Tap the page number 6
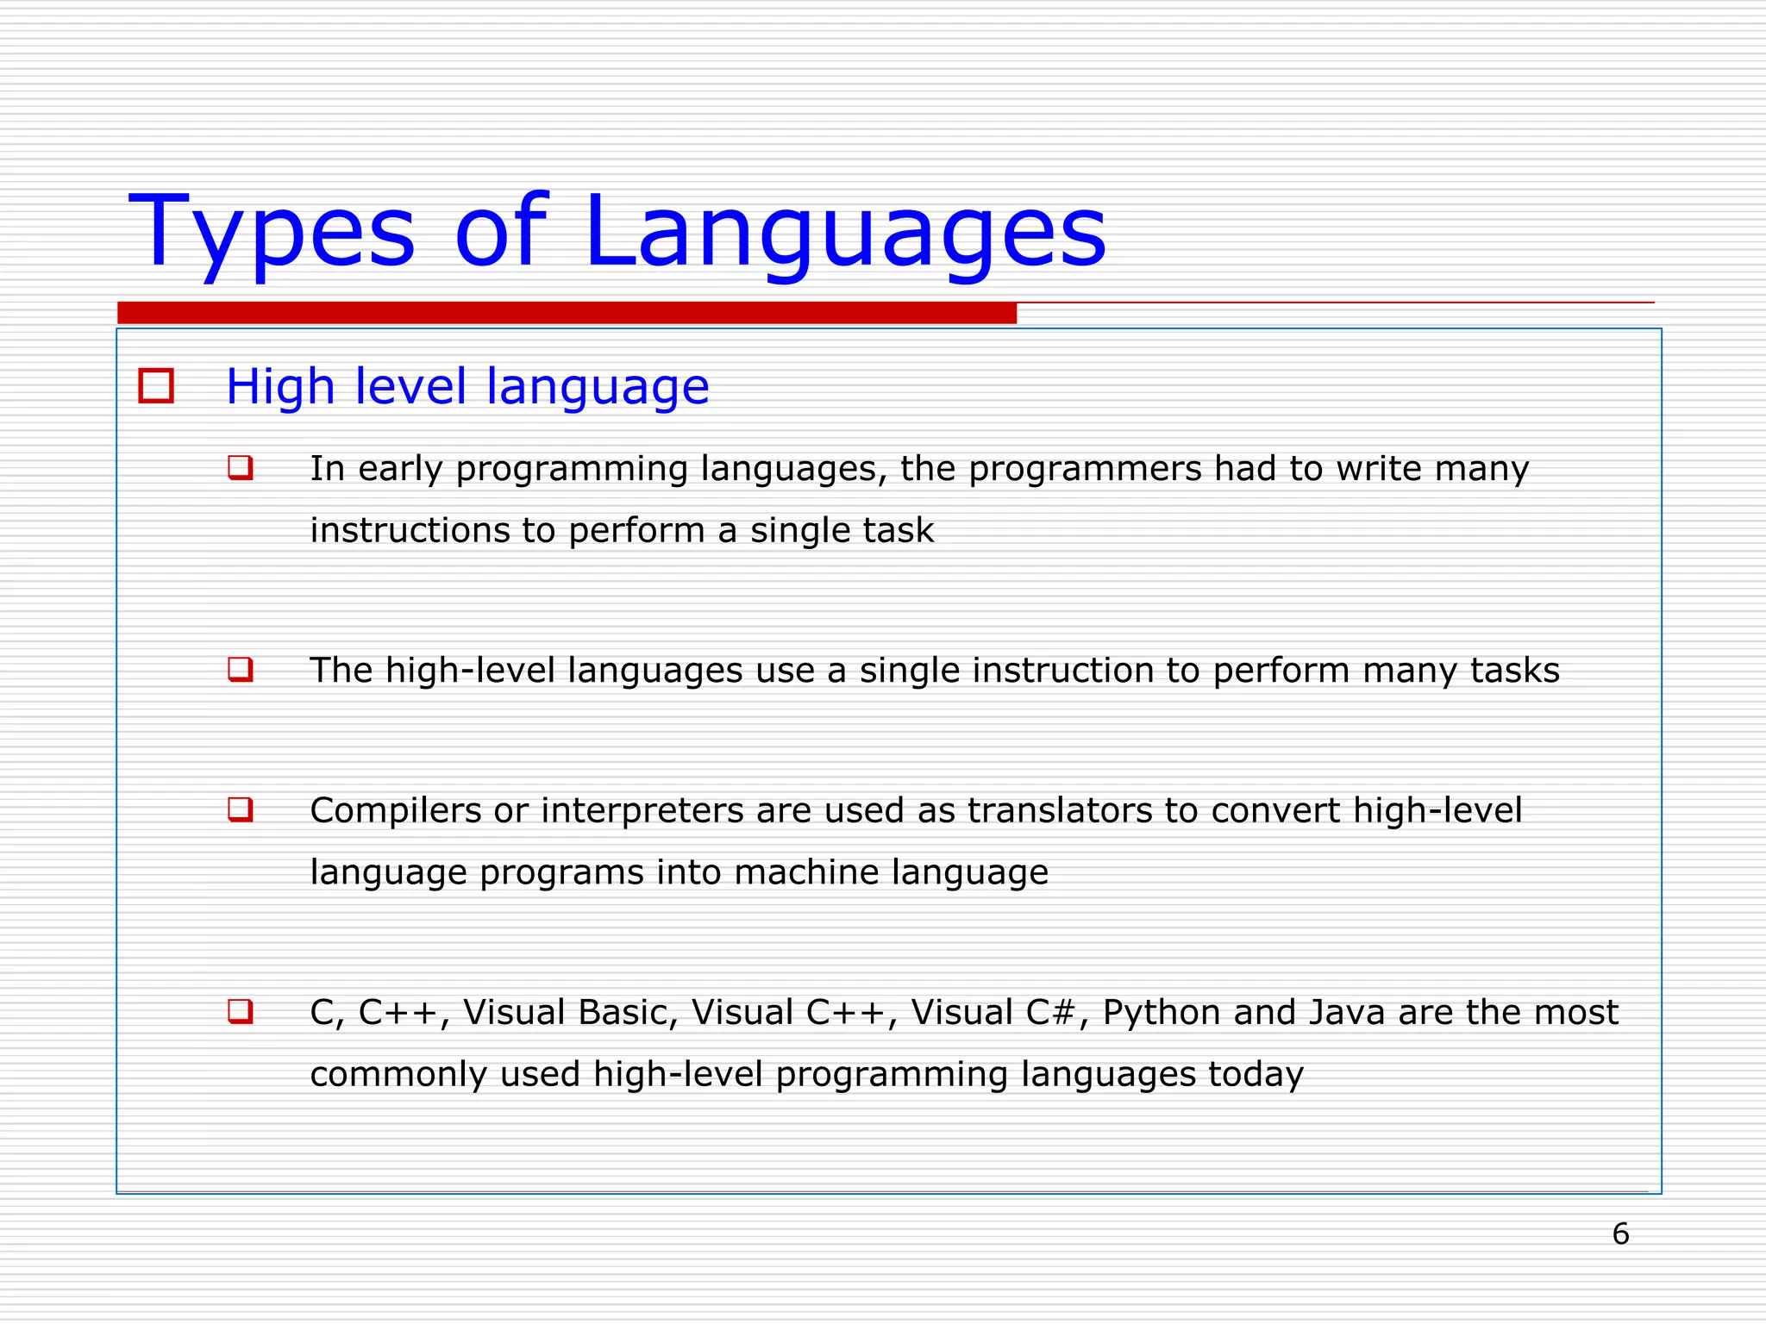1620,1233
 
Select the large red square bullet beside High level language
156,386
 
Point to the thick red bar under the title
567,313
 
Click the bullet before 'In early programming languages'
240,468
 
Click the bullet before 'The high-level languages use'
240,670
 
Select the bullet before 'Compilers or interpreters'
240,810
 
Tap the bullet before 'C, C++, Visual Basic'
240,1011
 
